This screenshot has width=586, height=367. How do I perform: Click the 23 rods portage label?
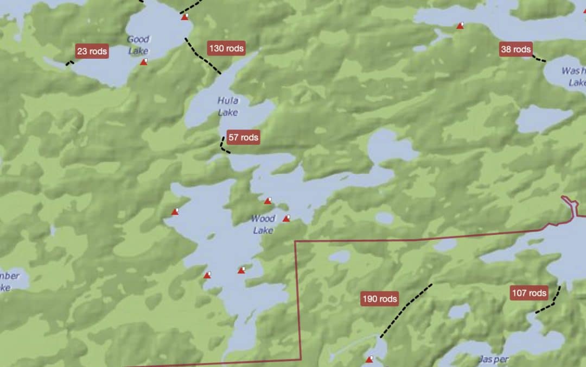point(92,52)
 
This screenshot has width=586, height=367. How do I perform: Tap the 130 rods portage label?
point(226,48)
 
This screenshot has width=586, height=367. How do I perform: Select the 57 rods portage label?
point(243,138)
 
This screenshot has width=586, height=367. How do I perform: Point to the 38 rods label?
point(515,49)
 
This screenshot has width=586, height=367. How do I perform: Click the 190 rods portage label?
point(380,298)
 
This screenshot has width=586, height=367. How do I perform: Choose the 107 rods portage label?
point(529,293)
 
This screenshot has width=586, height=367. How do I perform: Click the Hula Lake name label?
point(228,106)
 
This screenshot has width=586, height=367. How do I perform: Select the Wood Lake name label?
point(263,224)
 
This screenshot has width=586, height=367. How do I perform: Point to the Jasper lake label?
point(494,359)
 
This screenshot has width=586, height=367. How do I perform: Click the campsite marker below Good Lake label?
point(144,62)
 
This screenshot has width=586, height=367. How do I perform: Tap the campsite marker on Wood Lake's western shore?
point(175,212)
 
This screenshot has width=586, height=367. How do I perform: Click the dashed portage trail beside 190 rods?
point(406,310)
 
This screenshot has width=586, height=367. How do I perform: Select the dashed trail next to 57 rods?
point(224,146)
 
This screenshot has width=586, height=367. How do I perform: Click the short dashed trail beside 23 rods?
point(69,63)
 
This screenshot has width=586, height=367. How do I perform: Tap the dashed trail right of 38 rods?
point(539,59)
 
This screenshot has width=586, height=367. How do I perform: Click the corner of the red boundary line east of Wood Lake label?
point(295,240)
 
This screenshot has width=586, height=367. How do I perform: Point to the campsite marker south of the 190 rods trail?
point(370,359)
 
